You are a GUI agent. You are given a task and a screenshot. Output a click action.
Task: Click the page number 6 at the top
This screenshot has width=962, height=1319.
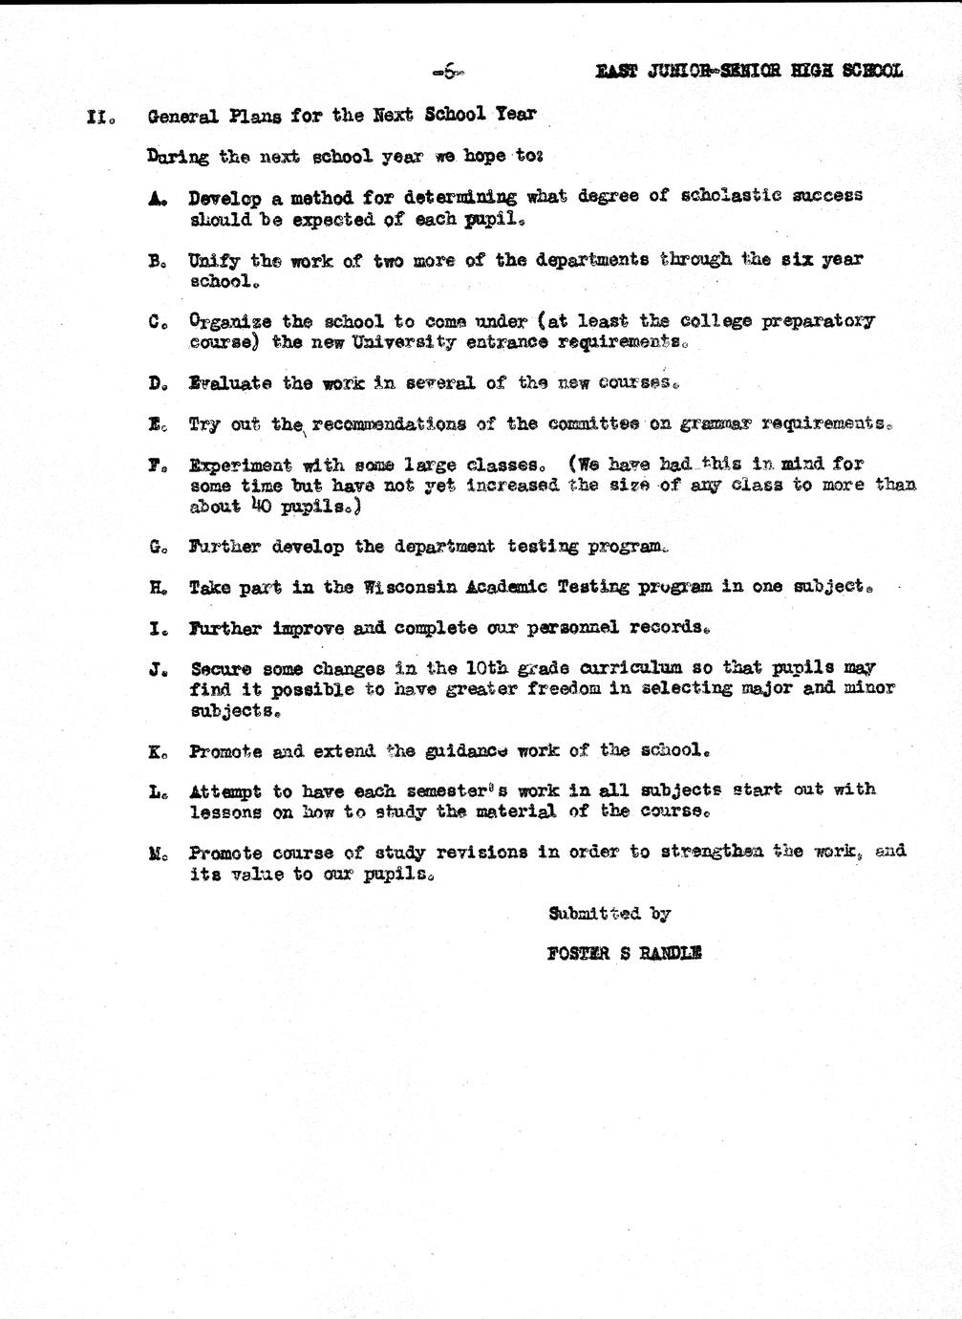(446, 70)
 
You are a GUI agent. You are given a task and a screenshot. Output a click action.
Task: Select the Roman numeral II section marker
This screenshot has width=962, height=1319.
(100, 117)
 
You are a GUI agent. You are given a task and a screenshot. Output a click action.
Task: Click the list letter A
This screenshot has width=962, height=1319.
(158, 198)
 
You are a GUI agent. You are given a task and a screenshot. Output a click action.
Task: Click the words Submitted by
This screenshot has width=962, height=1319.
(609, 913)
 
